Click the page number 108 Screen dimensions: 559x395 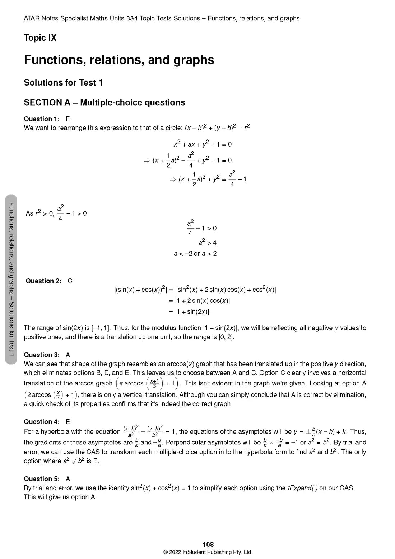(208, 545)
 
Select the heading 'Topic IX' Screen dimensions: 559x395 (40, 38)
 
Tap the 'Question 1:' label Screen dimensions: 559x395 (42, 119)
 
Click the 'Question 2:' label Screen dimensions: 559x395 (43, 281)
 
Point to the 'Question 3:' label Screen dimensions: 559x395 (42, 355)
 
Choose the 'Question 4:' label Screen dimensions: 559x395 (42, 422)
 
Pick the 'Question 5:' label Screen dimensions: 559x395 (42, 479)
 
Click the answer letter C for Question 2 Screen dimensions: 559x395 (70, 281)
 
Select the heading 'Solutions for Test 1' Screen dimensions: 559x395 (63, 83)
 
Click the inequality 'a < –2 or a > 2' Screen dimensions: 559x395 (195, 254)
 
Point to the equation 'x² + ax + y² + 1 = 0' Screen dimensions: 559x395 (203, 144)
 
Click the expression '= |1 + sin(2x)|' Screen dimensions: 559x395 (189, 312)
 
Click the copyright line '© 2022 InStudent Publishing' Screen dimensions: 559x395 (208, 552)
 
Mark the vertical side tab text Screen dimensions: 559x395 (11, 279)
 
